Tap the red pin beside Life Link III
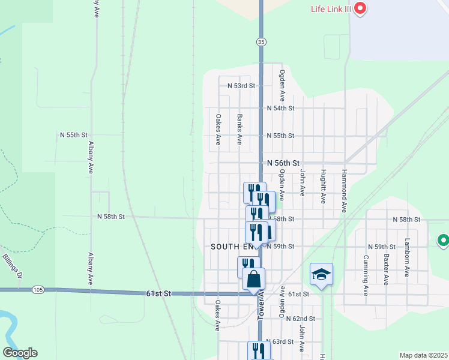tap(360, 8)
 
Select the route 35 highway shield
tap(261, 41)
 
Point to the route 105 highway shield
tap(38, 290)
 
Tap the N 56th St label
tap(283, 163)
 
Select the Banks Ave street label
tap(240, 130)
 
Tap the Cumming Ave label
tap(366, 275)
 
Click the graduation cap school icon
tap(321, 275)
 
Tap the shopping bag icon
tap(254, 279)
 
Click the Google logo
tap(20, 353)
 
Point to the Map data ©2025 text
tap(423, 355)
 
